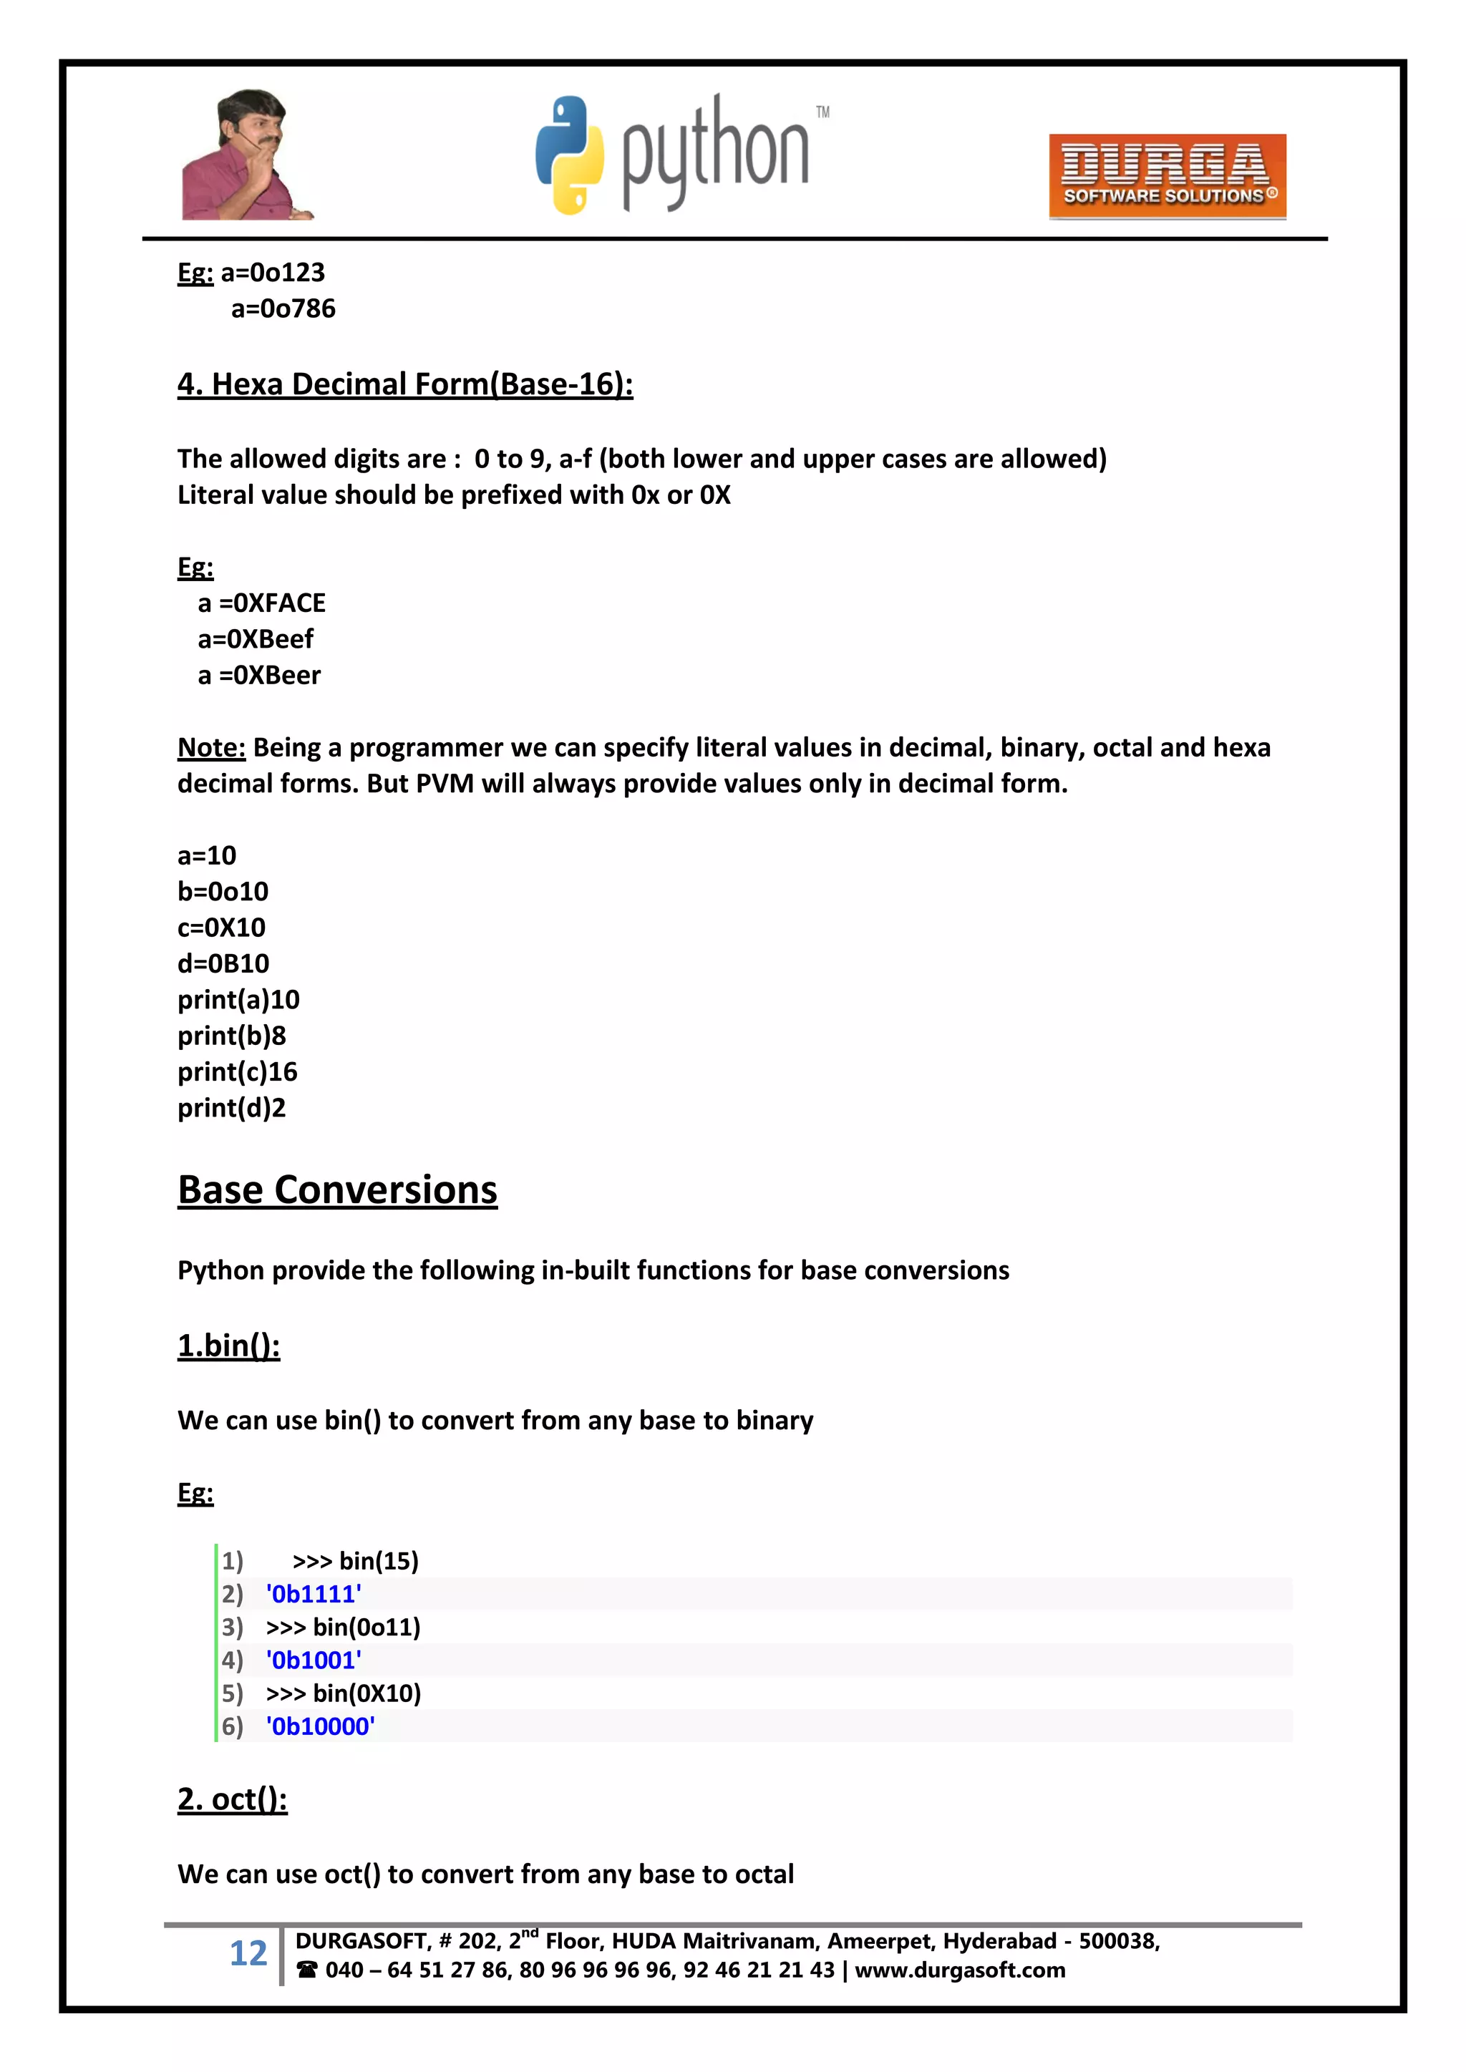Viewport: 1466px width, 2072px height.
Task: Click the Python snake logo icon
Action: click(x=570, y=155)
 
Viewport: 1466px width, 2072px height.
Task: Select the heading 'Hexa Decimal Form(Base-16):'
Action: click(x=404, y=384)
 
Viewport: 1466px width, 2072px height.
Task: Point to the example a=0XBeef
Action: click(x=256, y=639)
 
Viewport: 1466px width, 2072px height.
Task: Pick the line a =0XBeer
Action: click(x=259, y=675)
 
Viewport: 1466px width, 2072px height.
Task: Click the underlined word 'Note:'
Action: click(x=211, y=747)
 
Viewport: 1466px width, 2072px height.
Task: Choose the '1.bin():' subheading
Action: click(x=228, y=1346)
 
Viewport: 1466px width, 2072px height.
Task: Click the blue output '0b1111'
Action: click(x=314, y=1595)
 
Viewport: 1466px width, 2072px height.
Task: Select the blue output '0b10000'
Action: click(x=321, y=1726)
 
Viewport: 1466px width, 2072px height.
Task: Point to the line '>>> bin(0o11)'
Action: click(x=343, y=1627)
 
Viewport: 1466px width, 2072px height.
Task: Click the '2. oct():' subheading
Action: click(x=232, y=1799)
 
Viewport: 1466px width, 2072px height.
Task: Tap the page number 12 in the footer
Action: click(x=248, y=1954)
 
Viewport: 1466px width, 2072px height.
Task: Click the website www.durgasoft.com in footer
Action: click(x=960, y=1970)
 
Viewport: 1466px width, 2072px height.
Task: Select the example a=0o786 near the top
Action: click(x=283, y=308)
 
